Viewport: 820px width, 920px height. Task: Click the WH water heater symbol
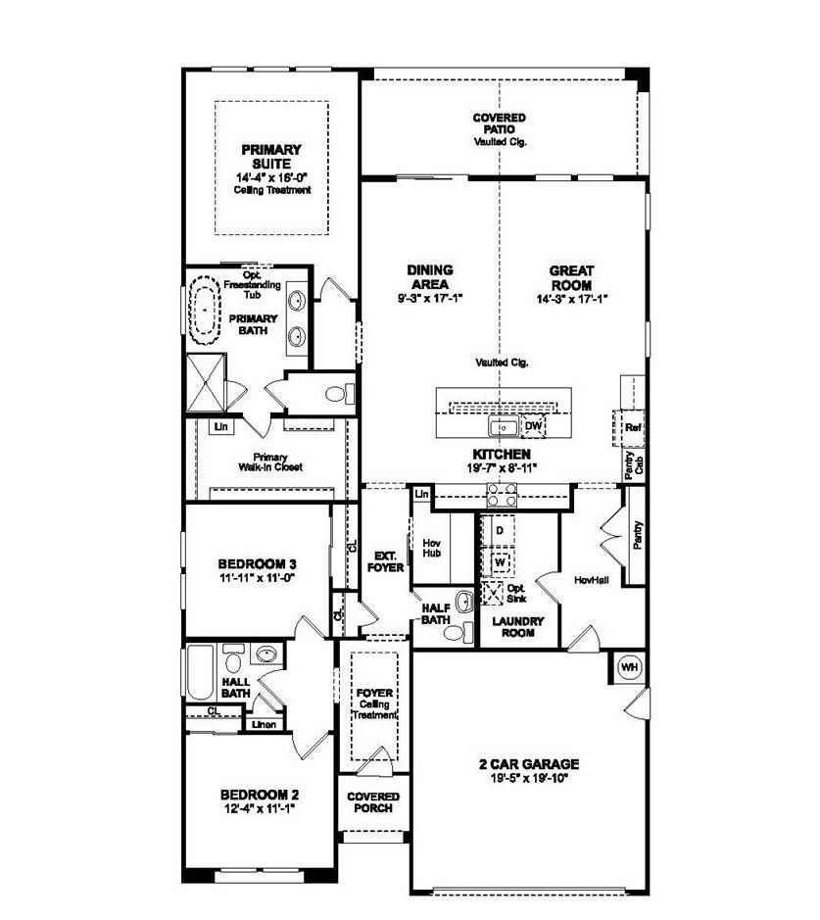(x=630, y=667)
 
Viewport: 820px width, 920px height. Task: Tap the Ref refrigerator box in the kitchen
(x=633, y=428)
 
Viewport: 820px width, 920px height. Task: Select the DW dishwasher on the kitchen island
(x=533, y=426)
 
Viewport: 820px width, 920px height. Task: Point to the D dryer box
(x=499, y=530)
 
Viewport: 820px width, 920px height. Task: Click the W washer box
(x=499, y=562)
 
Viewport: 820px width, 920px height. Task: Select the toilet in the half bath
(x=453, y=633)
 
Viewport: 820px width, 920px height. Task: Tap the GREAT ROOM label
(x=572, y=278)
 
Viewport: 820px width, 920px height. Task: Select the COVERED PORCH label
(x=372, y=802)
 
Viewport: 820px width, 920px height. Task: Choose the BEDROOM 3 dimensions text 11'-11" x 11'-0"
(x=258, y=578)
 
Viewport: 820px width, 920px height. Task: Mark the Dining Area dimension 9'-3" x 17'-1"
(x=429, y=298)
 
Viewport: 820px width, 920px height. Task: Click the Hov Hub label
(x=432, y=547)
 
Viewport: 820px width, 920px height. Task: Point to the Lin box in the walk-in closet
(x=221, y=427)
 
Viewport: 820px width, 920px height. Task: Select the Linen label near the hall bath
(x=263, y=725)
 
